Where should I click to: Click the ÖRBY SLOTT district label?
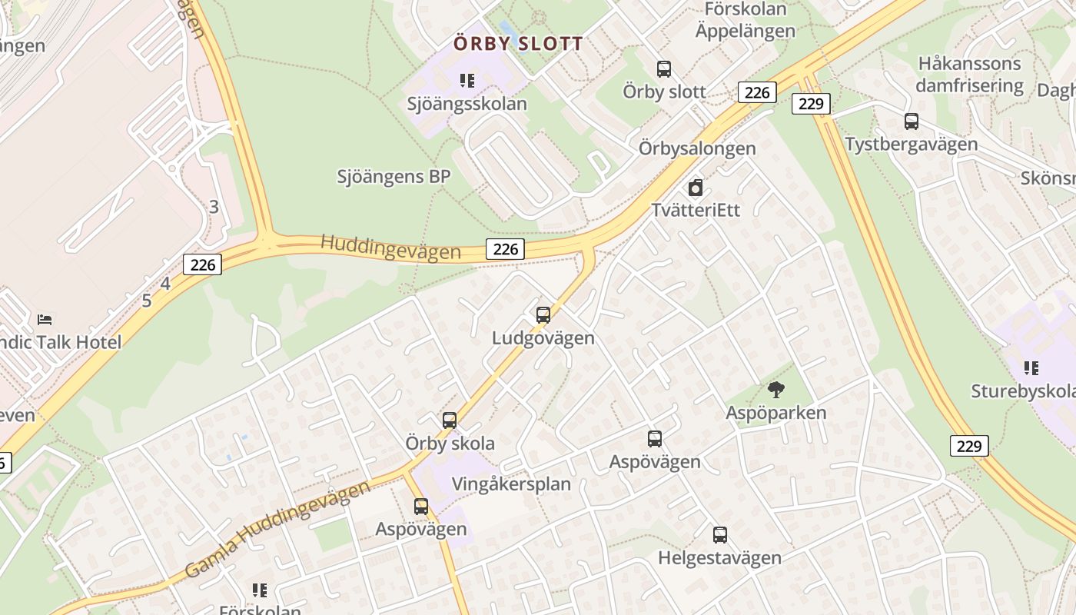pos(518,44)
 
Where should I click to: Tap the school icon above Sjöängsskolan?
pos(467,81)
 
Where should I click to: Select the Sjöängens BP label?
pos(394,177)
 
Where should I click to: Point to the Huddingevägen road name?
pos(390,248)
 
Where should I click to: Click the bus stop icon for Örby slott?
pos(664,69)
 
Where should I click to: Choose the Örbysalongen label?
pos(697,148)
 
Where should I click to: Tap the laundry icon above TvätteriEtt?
pos(696,188)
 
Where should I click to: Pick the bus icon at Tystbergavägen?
pos(912,121)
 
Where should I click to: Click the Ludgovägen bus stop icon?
pos(543,315)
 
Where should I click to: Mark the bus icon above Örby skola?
pos(450,421)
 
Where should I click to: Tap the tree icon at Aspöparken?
pos(776,390)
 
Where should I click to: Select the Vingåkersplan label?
pos(511,484)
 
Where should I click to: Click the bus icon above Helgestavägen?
pos(719,535)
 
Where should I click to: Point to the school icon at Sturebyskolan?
pos(1031,368)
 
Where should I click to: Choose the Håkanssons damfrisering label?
pos(970,75)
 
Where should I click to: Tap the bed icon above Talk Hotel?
pos(45,319)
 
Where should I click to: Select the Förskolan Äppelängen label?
pos(746,20)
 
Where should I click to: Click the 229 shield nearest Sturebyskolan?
pos(969,446)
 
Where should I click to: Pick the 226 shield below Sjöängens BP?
pos(506,248)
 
